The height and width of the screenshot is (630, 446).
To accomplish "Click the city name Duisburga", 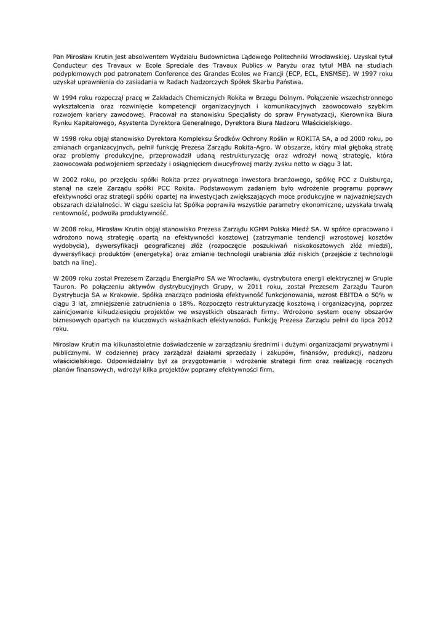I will [x=375, y=180].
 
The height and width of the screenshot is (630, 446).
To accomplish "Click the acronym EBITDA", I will [x=346, y=295].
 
